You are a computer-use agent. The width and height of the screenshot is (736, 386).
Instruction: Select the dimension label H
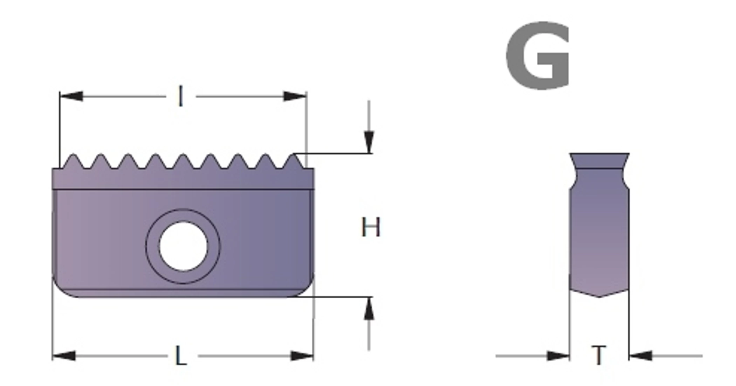pyautogui.click(x=370, y=227)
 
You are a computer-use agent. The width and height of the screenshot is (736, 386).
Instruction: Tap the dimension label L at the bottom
pyautogui.click(x=181, y=356)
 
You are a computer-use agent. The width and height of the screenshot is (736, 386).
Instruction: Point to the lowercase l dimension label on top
pyautogui.click(x=181, y=96)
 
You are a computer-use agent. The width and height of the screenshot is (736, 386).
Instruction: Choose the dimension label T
pyautogui.click(x=599, y=355)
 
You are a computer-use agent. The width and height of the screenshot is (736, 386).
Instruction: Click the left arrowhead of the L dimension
pyautogui.click(x=64, y=356)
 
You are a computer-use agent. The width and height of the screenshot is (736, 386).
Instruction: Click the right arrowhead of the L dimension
pyautogui.click(x=302, y=356)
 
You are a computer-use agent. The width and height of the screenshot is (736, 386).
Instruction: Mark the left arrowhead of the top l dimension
pyautogui.click(x=71, y=96)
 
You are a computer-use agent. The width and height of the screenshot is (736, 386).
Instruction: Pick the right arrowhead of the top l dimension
pyautogui.click(x=295, y=96)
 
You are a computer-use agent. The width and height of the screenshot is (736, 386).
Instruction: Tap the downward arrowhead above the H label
pyautogui.click(x=369, y=142)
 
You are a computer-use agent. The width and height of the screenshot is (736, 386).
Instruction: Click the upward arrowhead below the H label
pyautogui.click(x=369, y=308)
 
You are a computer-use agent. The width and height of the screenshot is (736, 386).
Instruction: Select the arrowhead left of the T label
pyautogui.click(x=558, y=356)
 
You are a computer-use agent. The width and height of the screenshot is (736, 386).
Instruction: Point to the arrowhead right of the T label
pyautogui.click(x=641, y=356)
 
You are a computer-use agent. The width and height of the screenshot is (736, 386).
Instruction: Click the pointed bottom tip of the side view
pyautogui.click(x=599, y=297)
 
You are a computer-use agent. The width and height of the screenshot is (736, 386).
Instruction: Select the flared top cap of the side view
pyautogui.click(x=599, y=161)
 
